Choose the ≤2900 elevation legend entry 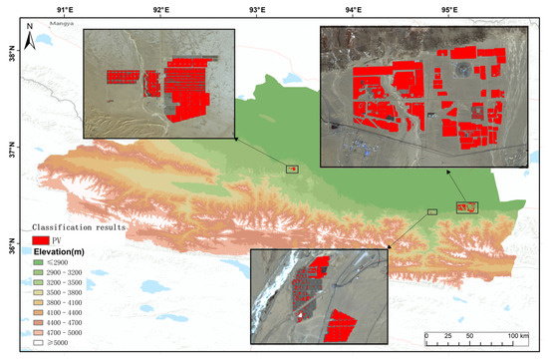[x=62, y=262]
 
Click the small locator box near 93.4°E [x=292, y=170]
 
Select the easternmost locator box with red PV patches [x=467, y=207]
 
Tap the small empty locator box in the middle [x=432, y=212]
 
